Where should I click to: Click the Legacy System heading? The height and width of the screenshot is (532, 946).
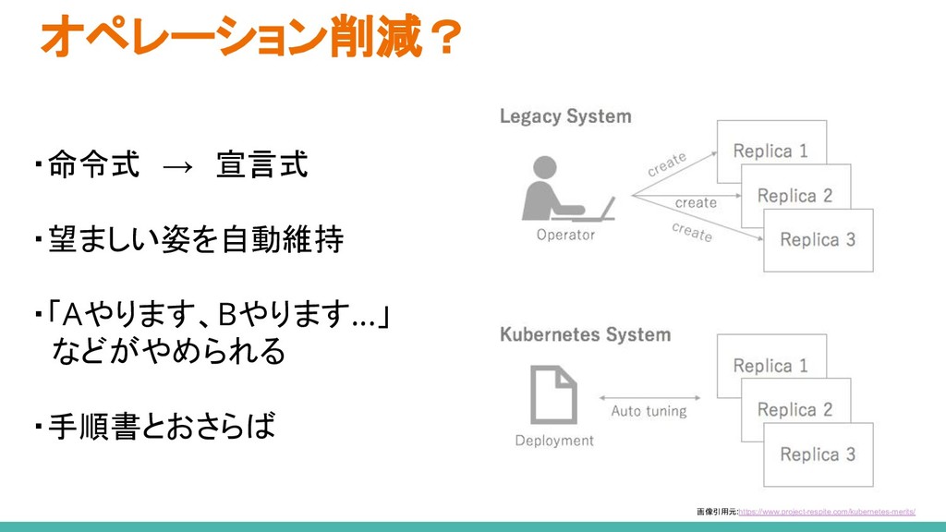click(565, 116)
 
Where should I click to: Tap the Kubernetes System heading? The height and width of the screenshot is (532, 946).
click(585, 334)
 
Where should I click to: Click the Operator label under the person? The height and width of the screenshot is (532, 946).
click(565, 235)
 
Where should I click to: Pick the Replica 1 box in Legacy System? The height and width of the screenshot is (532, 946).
click(770, 150)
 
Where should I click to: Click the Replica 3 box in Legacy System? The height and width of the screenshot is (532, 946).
click(818, 240)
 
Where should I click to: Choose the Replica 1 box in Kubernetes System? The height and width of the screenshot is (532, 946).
click(770, 365)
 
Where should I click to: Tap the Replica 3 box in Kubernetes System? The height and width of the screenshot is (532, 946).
click(818, 454)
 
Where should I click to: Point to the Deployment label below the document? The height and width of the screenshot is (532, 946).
click(554, 441)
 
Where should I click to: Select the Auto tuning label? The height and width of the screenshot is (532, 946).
click(649, 411)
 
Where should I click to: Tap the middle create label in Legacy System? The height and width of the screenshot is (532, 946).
click(696, 202)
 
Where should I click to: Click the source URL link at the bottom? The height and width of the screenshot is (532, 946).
click(828, 511)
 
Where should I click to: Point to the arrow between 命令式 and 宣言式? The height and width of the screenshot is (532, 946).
click(177, 167)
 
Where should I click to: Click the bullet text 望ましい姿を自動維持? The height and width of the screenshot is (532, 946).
click(195, 241)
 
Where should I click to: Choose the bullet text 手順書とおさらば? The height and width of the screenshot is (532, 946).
click(162, 427)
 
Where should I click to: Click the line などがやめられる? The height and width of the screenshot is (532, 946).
click(169, 352)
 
